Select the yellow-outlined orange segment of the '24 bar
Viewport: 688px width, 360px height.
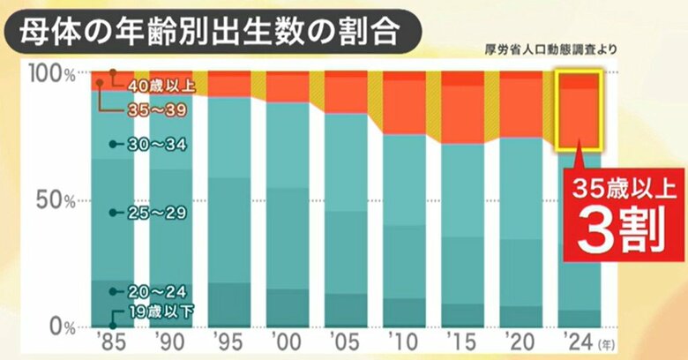pyautogui.click(x=579, y=110)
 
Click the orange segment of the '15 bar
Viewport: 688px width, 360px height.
pyautogui.click(x=463, y=113)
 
